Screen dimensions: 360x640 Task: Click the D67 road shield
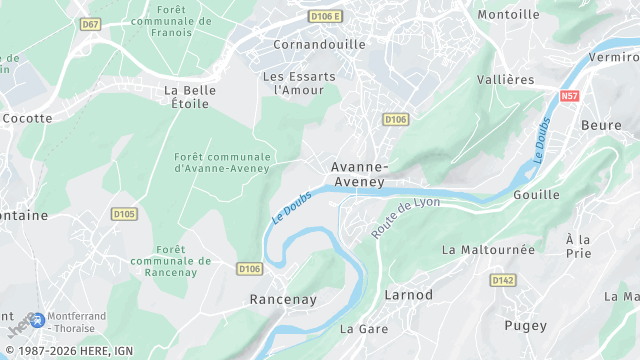pyautogui.click(x=91, y=24)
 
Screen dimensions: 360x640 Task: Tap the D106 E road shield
pyautogui.click(x=324, y=16)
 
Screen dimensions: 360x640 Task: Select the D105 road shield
pyautogui.click(x=124, y=213)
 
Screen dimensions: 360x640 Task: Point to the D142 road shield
pyautogui.click(x=504, y=281)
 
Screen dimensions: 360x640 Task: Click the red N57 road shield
pyautogui.click(x=570, y=96)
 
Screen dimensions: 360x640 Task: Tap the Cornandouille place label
pyautogui.click(x=320, y=44)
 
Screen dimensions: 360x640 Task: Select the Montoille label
pyautogui.click(x=508, y=14)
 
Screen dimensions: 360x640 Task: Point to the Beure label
pyautogui.click(x=601, y=126)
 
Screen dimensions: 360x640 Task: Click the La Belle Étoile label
pyautogui.click(x=184, y=96)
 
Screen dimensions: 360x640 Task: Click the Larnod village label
pyautogui.click(x=409, y=295)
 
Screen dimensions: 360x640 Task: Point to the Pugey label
pyautogui.click(x=526, y=325)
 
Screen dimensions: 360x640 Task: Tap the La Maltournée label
pyautogui.click(x=488, y=249)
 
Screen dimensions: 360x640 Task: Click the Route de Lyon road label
pyautogui.click(x=405, y=217)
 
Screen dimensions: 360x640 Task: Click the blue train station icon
pyautogui.click(x=37, y=320)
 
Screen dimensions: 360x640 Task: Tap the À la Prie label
pyautogui.click(x=578, y=246)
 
